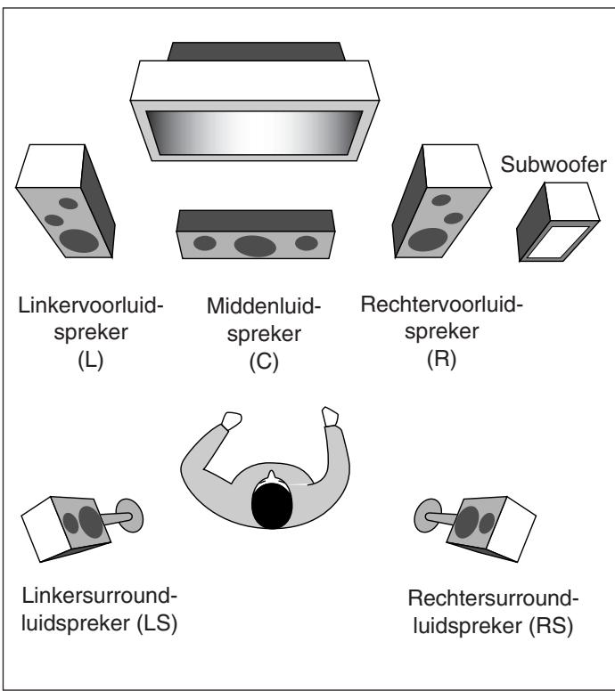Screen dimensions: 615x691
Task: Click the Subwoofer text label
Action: pos(553,165)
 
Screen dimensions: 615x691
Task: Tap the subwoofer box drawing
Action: pos(558,222)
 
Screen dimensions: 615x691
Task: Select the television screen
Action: pos(254,133)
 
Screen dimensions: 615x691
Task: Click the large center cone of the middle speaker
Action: pos(255,246)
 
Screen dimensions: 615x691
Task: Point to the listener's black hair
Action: pos(272,505)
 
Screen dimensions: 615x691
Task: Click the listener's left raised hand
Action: pos(231,420)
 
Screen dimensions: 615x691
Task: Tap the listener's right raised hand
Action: pos(330,417)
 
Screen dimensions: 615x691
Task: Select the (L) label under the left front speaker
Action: pos(90,360)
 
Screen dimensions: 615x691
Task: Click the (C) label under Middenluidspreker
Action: pos(264,362)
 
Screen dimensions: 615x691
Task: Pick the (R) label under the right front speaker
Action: pos(441,359)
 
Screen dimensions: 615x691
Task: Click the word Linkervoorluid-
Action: pos(91,305)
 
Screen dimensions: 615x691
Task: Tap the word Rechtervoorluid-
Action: pos(441,305)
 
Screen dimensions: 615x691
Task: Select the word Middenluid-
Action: pos(264,306)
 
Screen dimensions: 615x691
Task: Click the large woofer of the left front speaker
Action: pos(79,240)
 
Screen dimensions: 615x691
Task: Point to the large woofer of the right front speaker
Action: pos(428,240)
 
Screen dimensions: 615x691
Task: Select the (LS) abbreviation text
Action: pos(157,624)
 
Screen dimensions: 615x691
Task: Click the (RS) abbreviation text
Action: pos(551,626)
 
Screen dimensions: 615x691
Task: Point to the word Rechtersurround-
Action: pos(493,598)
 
